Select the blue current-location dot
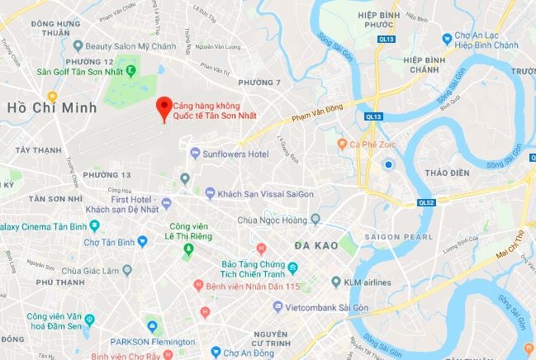(387, 165)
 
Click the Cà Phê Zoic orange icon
(342, 144)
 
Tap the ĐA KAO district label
(313, 246)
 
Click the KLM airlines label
(368, 282)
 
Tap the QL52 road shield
(426, 202)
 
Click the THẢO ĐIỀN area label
(447, 173)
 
